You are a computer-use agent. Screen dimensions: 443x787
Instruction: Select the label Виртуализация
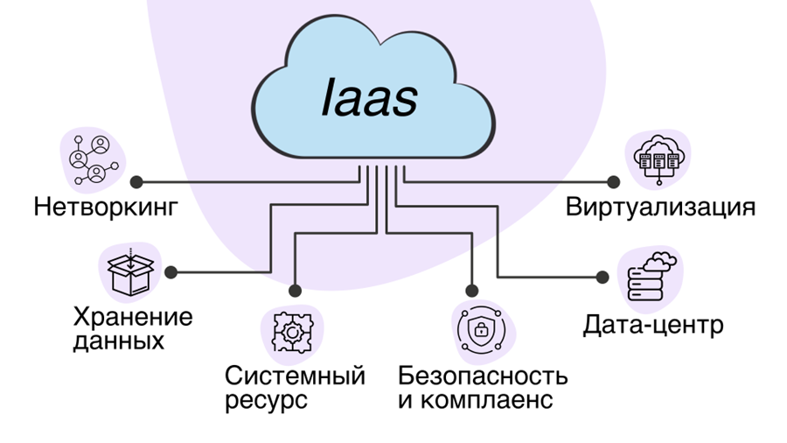pos(660,208)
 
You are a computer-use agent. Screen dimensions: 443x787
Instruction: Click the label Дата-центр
pos(653,327)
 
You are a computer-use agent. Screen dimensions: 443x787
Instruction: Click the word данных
pos(119,341)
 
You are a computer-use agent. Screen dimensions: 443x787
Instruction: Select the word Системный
pos(295,377)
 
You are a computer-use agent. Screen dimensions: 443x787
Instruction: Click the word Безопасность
pos(483,377)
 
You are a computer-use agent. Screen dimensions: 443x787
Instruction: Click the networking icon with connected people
pos(91,158)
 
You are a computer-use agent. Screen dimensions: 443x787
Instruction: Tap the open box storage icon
pos(129,272)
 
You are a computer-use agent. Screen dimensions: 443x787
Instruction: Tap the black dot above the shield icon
pos(473,290)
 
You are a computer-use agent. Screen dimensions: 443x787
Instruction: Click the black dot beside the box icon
pos(171,272)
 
